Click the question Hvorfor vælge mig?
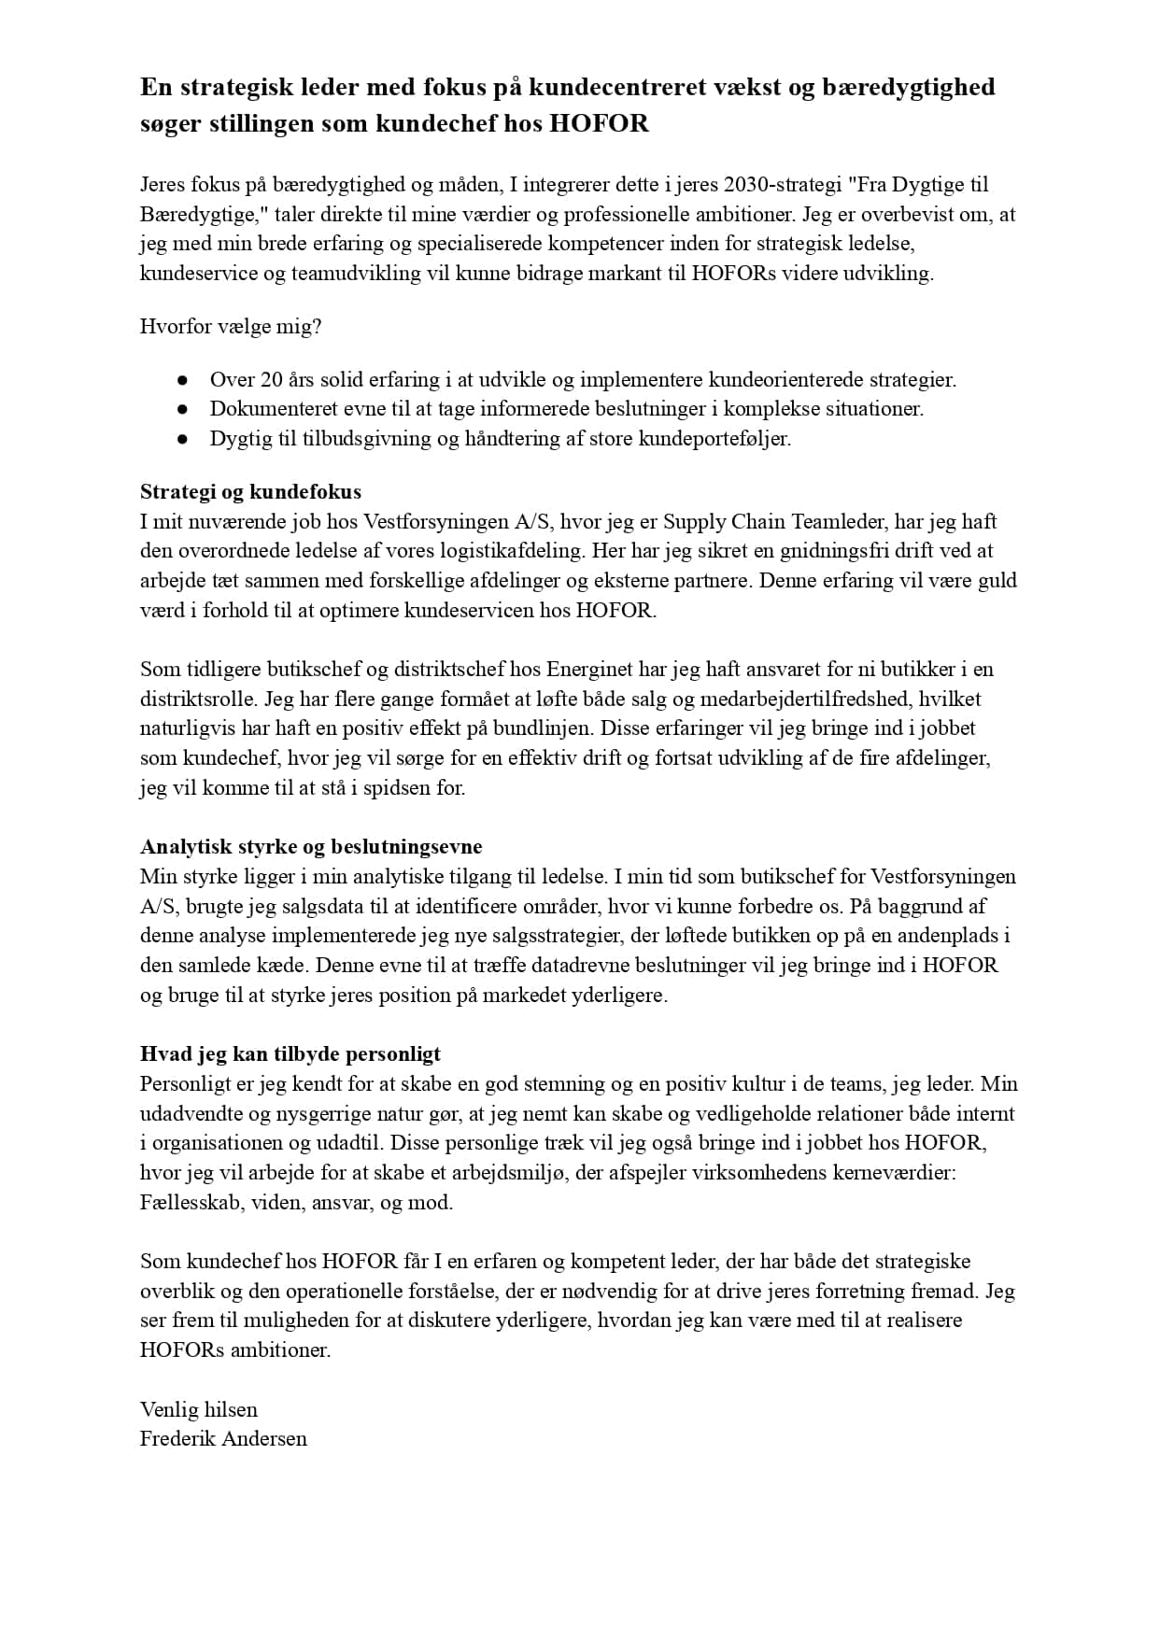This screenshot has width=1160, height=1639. coord(231,327)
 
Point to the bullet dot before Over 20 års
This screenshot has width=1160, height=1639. coord(183,380)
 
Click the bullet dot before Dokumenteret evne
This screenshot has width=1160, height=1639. coord(183,409)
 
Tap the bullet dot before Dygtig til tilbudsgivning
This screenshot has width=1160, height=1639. coord(183,439)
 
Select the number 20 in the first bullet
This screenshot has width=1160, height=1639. coord(272,380)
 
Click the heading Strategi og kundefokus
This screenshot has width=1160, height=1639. coord(250,492)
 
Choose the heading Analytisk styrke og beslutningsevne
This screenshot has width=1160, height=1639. coord(311,847)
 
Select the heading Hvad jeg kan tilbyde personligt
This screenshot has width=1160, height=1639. coord(290,1054)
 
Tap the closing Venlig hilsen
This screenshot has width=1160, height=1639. coord(199,1409)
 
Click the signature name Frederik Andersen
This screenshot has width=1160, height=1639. coord(223,1439)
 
